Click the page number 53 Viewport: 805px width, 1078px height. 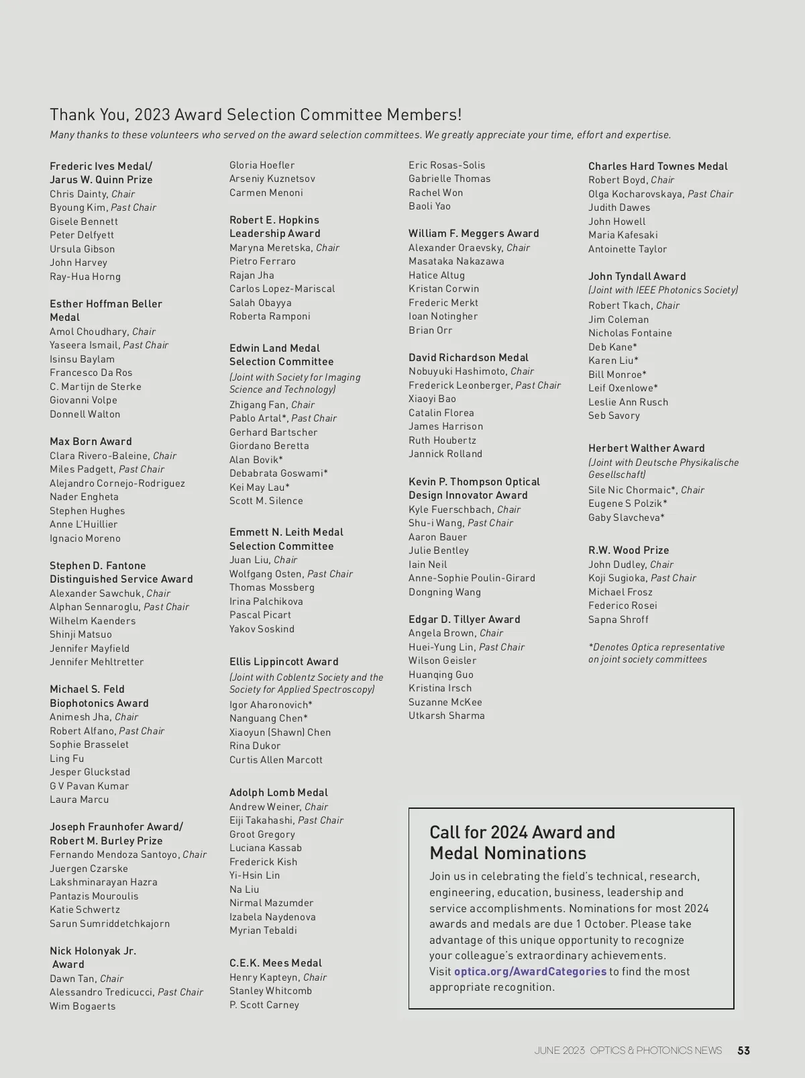point(743,1050)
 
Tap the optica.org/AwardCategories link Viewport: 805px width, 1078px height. point(530,971)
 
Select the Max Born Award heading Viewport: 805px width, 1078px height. point(91,442)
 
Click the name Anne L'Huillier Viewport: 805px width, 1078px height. point(83,524)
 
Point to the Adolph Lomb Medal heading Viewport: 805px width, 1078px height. point(278,793)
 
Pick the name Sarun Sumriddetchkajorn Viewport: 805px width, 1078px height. point(109,924)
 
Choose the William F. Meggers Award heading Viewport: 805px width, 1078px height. point(474,234)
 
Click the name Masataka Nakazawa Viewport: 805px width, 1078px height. point(456,261)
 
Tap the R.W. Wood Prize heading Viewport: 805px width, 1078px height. point(629,550)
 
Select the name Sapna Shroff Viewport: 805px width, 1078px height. point(619,620)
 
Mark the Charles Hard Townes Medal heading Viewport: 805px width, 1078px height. point(657,166)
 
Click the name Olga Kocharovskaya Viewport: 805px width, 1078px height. point(636,194)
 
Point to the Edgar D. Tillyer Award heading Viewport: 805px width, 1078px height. point(464,620)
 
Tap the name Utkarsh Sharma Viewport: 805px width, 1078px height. point(446,716)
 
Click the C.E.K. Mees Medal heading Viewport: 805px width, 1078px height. point(275,963)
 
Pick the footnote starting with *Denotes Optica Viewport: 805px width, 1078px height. point(656,653)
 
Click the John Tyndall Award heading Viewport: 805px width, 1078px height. point(637,277)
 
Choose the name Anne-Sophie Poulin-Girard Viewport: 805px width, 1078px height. point(472,578)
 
